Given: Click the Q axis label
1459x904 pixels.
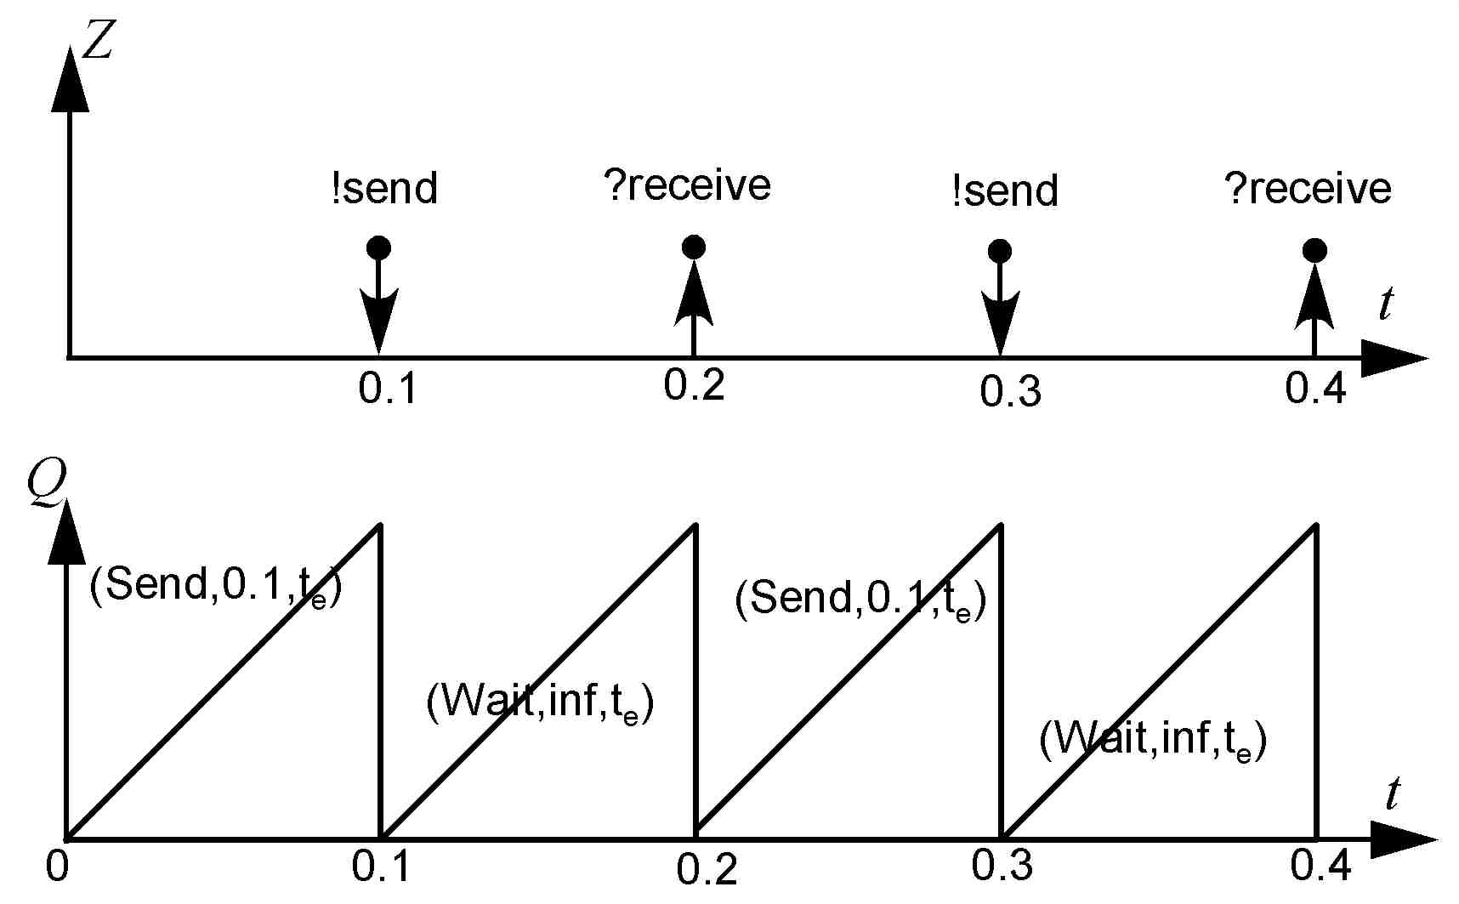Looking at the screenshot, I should pos(45,484).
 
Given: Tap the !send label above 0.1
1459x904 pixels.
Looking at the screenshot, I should pos(384,188).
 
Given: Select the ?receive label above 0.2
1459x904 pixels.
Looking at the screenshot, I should pos(687,185).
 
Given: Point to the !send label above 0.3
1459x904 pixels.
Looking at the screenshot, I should pos(1005,190).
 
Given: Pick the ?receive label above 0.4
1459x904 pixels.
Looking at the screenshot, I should pos(1308,188).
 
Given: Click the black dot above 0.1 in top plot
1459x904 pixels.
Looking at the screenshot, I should pos(378,248).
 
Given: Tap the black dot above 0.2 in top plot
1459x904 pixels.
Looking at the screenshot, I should pos(694,247).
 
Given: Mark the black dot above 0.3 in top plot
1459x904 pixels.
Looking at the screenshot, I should pos(1000,251).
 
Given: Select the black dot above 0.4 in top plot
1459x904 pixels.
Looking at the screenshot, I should pos(1314,250).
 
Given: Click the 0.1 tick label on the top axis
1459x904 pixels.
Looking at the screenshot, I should pos(388,389).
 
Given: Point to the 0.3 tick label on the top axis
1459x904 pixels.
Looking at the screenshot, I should pos(1010,391).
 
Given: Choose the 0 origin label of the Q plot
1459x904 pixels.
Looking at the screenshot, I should pos(57,866).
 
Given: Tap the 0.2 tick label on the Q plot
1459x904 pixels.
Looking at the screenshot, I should pos(707,869).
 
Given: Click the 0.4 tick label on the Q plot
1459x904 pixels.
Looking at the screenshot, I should pos(1320,866).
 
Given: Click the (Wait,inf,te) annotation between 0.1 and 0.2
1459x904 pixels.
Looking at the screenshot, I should pos(540,703).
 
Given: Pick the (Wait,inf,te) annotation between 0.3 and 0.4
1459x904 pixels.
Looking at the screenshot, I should pos(1153,738).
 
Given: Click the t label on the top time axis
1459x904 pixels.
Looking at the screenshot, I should pos(1387,303).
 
